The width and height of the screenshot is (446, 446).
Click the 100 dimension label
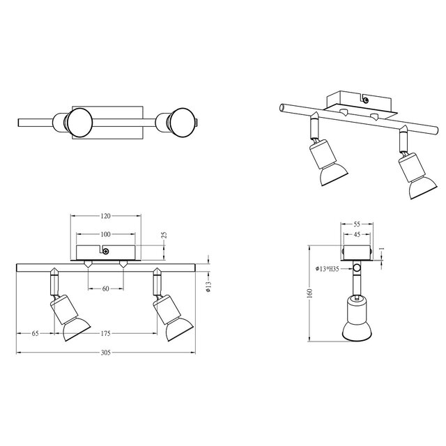tap(105, 234)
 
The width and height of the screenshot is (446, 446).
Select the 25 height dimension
tap(165, 236)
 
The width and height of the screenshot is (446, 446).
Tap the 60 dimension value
tap(105, 288)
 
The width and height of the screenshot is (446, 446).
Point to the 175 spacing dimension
tap(105, 334)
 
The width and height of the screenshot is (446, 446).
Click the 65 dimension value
tap(34, 334)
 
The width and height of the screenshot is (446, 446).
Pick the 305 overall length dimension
tap(105, 353)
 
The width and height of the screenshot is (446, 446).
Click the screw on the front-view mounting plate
tap(105, 252)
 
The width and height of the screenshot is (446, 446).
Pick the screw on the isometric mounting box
tap(366, 100)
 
